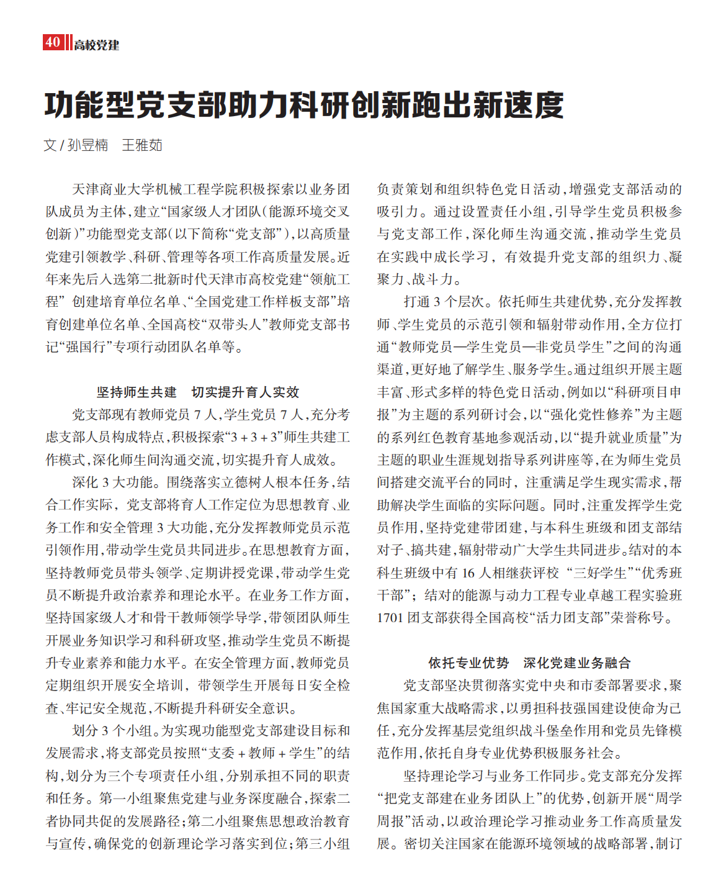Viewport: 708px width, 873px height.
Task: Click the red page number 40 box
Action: tap(52, 42)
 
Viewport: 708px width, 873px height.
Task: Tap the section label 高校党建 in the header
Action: tap(97, 45)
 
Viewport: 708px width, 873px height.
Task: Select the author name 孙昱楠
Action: tap(87, 145)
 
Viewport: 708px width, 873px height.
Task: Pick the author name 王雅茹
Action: tap(142, 145)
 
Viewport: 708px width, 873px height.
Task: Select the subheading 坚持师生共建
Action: tap(137, 392)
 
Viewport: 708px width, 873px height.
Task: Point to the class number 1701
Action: tap(390, 618)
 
